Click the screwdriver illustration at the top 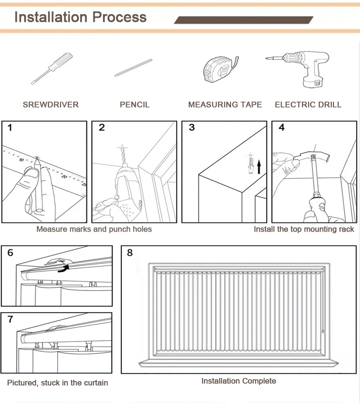pos(51,68)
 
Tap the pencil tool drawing pos(134,67)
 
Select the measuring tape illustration pos(220,69)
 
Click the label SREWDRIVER pos(51,105)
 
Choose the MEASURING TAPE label pos(225,105)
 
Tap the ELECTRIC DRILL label pos(308,105)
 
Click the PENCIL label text pos(134,105)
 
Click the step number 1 pos(10,128)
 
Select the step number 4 pos(281,128)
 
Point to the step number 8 pos(130,253)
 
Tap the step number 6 pos(10,253)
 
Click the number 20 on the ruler pos(65,176)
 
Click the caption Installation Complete pos(238,381)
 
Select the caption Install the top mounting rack pos(303,229)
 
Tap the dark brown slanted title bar pos(244,20)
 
